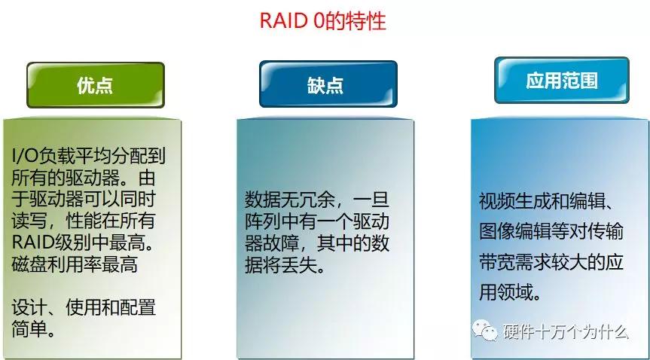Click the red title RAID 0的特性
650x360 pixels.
tap(323, 20)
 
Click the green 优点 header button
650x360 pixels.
tap(95, 84)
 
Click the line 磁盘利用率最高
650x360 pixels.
tap(75, 265)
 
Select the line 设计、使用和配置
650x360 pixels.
tap(84, 308)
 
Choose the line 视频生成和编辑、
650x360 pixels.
tap(549, 202)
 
